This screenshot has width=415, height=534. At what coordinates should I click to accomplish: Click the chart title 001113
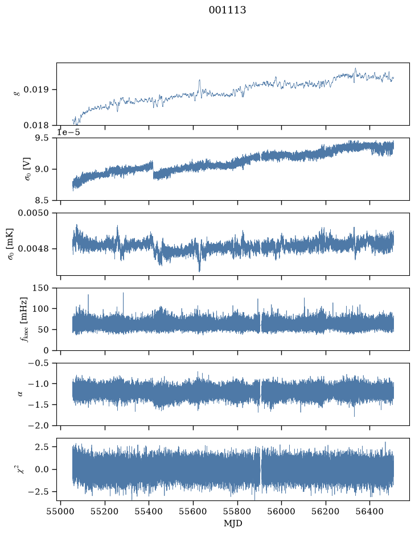[227, 10]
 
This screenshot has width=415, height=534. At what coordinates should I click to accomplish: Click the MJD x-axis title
[233, 523]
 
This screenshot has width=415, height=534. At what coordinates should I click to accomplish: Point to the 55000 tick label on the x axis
[61, 512]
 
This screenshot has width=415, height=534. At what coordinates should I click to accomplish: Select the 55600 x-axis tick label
[194, 512]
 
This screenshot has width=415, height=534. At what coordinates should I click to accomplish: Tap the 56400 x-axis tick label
[370, 512]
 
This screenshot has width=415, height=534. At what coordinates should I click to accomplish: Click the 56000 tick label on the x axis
[282, 512]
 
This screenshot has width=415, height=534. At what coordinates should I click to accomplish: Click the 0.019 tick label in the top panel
[36, 90]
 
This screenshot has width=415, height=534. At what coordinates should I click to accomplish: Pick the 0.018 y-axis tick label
[36, 126]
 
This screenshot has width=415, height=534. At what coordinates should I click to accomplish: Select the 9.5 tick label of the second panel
[42, 138]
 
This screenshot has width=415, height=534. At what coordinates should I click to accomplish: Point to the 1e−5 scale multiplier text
[68, 132]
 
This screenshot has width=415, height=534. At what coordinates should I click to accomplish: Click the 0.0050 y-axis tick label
[34, 213]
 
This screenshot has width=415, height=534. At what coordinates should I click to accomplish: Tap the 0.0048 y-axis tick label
[34, 249]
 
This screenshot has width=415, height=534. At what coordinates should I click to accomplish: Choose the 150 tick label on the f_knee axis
[40, 288]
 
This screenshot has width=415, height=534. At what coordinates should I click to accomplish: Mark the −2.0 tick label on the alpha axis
[39, 426]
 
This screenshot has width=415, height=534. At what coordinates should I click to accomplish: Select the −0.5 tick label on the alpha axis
[39, 363]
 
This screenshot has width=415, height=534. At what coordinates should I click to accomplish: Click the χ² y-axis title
[21, 469]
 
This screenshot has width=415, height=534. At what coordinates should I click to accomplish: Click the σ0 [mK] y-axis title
[11, 244]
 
